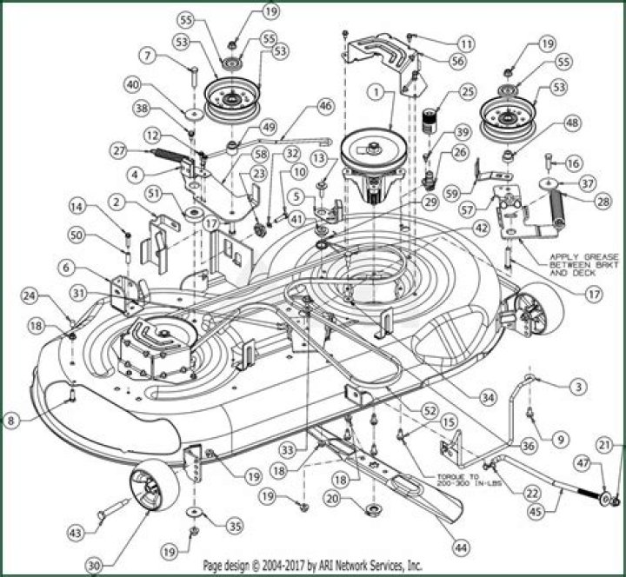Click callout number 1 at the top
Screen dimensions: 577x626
coord(376,90)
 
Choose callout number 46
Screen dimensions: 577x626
coord(324,106)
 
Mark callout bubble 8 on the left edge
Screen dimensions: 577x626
coord(11,421)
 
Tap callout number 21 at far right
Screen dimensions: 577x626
coord(615,445)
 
